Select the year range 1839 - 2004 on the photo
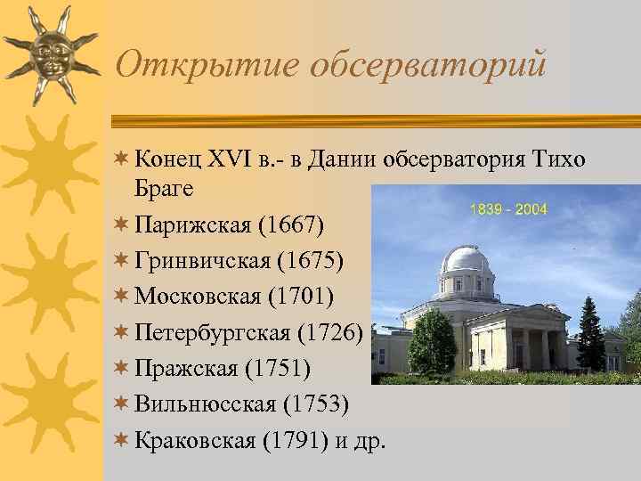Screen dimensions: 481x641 [507, 210]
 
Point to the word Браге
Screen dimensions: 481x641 [164, 189]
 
